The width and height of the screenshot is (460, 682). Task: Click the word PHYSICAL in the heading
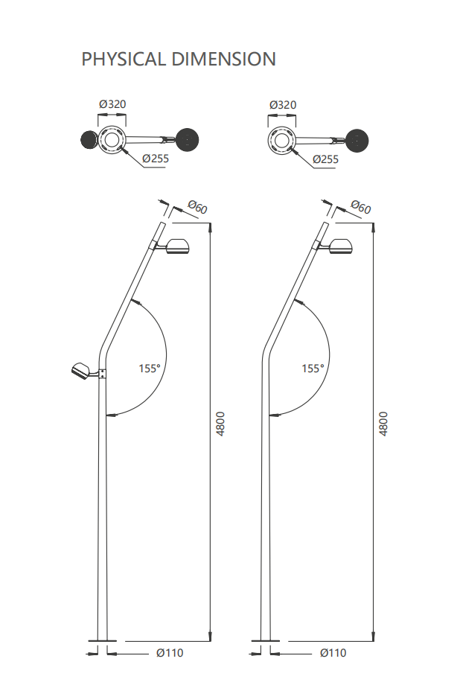[x=124, y=59]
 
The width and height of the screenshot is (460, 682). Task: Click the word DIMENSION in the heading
[x=223, y=59]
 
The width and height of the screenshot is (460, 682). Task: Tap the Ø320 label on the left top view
[x=112, y=104]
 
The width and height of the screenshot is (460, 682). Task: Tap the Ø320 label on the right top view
[x=283, y=105]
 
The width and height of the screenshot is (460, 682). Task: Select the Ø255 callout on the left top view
[x=156, y=159]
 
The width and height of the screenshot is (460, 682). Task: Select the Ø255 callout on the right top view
[x=326, y=159]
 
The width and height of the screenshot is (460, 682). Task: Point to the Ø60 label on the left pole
[x=198, y=207]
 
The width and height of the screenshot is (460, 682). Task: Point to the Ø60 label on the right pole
[x=361, y=207]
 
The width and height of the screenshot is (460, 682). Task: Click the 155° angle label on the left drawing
[x=150, y=369]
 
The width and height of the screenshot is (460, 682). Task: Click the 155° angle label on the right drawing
[x=313, y=369]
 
